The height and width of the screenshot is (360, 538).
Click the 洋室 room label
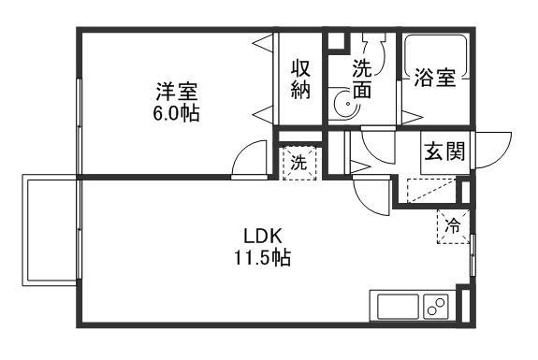click(178, 92)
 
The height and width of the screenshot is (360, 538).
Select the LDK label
click(263, 234)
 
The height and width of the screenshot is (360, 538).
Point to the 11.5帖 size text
click(263, 256)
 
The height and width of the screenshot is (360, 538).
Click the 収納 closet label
click(300, 79)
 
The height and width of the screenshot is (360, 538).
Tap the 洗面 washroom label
click(362, 79)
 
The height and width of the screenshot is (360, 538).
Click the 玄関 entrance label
click(443, 151)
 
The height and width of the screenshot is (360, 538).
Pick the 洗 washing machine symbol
click(299, 162)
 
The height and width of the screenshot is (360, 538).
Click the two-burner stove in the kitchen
click(436, 306)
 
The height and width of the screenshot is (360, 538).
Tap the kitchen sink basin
click(396, 306)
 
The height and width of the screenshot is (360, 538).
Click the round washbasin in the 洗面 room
click(342, 105)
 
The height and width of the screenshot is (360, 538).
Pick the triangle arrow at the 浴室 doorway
click(410, 115)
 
